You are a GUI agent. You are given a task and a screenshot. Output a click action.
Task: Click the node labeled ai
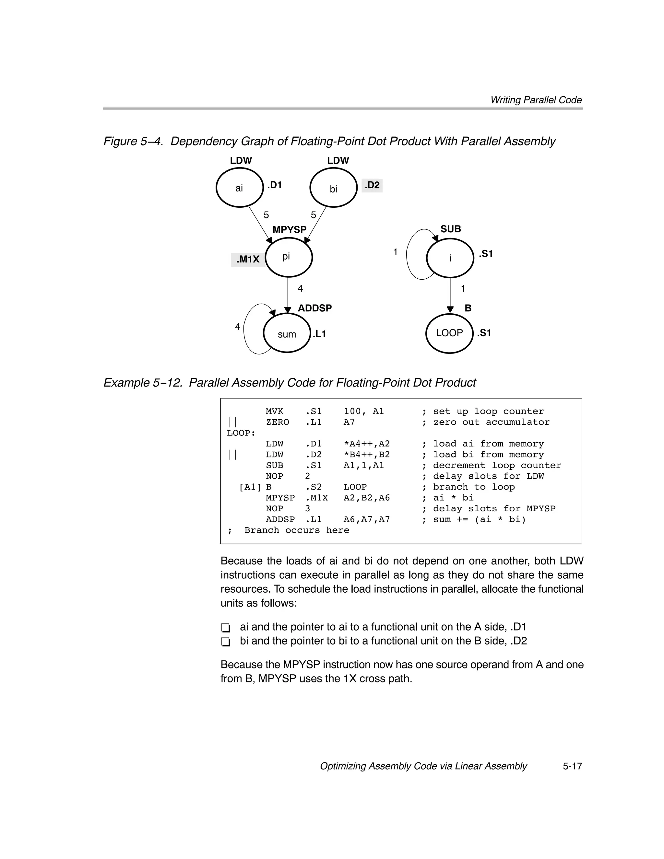click(x=239, y=188)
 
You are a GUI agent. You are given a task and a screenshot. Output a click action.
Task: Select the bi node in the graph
click(x=333, y=188)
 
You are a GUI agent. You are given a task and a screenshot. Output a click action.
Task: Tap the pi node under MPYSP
click(x=289, y=257)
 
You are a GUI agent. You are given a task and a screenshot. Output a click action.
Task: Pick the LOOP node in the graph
click(x=449, y=333)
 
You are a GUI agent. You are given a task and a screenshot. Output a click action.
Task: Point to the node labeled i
click(x=450, y=258)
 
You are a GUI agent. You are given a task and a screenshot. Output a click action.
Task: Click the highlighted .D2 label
click(x=372, y=185)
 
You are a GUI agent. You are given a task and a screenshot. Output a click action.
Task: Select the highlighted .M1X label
click(x=248, y=260)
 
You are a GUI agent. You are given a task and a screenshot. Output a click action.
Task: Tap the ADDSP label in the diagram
click(x=314, y=308)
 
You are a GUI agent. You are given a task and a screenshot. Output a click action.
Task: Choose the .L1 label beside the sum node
click(x=319, y=334)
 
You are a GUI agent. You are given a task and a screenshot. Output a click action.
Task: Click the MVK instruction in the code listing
click(x=274, y=412)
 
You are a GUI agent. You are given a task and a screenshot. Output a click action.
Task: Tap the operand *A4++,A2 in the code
click(x=366, y=444)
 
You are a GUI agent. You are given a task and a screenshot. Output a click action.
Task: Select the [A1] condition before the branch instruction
click(x=250, y=487)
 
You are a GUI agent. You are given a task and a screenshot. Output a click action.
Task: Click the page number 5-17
click(x=572, y=766)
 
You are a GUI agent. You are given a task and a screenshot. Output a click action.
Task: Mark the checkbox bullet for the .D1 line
click(x=225, y=627)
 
